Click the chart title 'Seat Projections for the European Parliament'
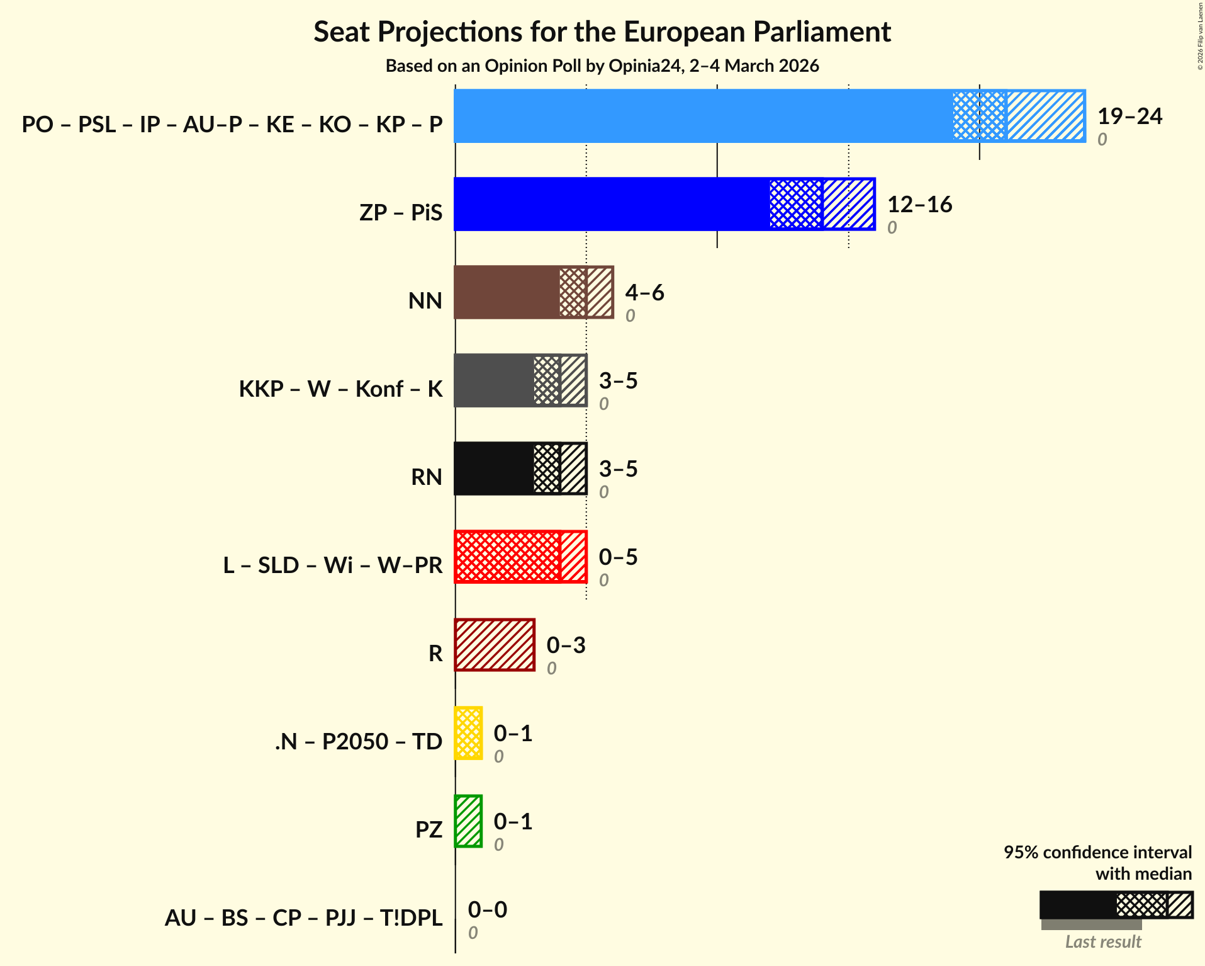(602, 31)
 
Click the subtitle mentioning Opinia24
(602, 65)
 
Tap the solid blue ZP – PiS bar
(610, 204)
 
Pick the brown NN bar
(507, 292)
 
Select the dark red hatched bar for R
(495, 645)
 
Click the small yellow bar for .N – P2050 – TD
(468, 733)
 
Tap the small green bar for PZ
(468, 821)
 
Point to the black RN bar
(494, 469)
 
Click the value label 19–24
(1129, 116)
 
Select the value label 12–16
(919, 205)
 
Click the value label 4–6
(644, 293)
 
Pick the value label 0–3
(566, 645)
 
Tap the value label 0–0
(487, 910)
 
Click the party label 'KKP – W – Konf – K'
(340, 389)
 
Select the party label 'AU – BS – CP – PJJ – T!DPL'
(303, 918)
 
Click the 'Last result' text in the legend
(1102, 941)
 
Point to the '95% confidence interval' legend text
(1097, 852)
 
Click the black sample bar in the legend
(1077, 905)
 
